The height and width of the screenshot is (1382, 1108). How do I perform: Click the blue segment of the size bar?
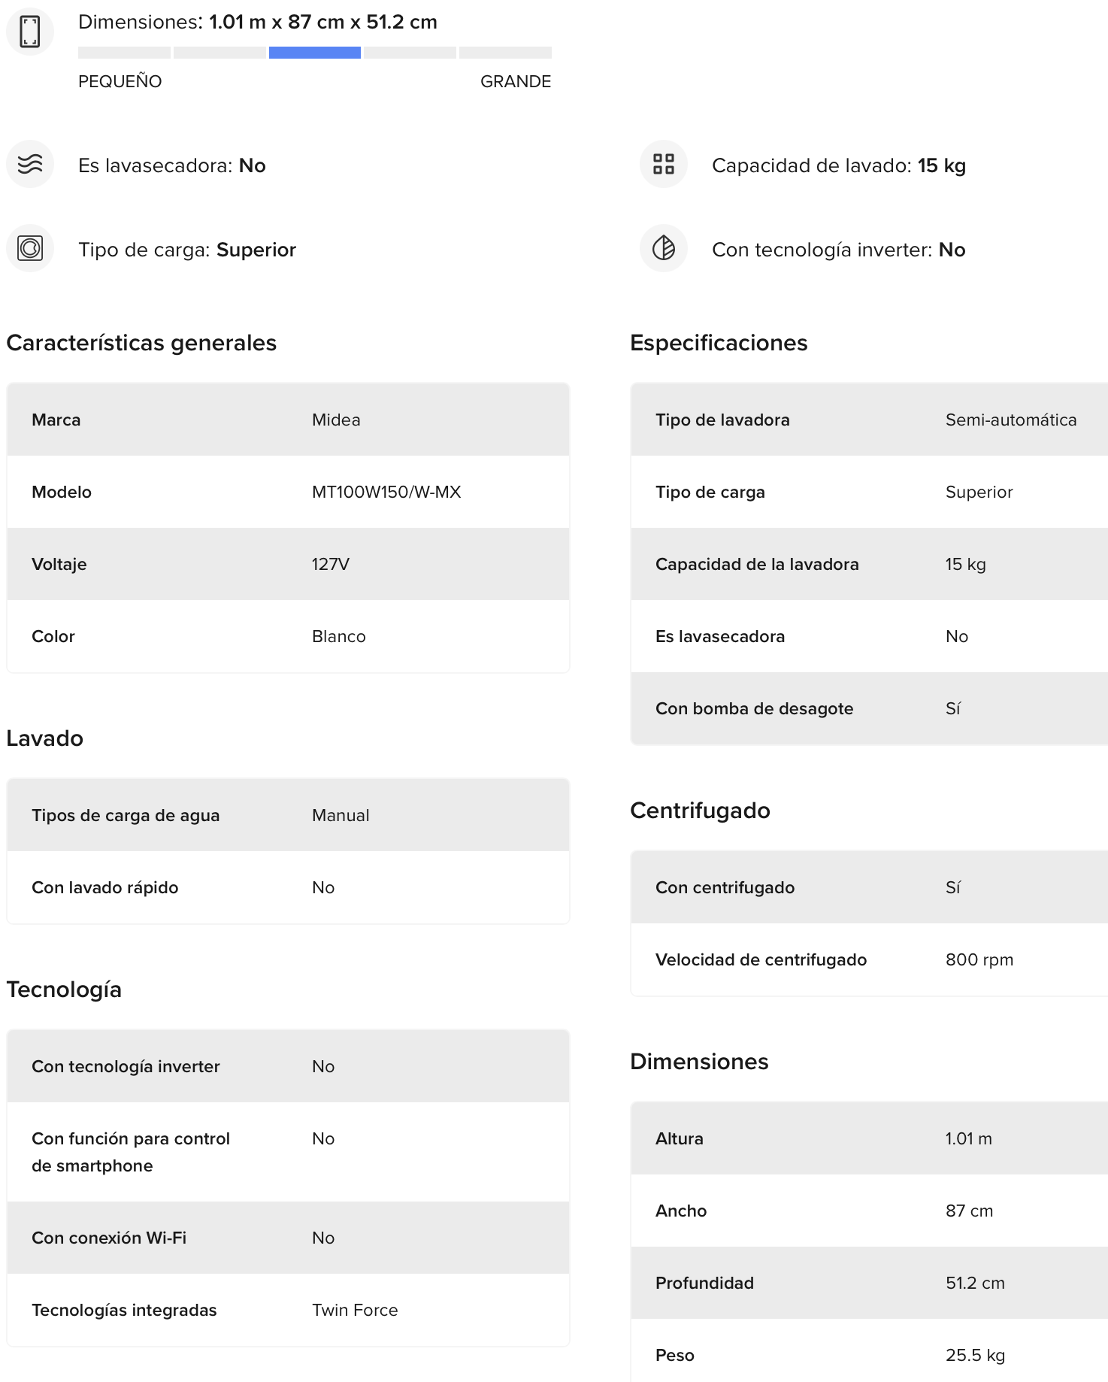pos(314,53)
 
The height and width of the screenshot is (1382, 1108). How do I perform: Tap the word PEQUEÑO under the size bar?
pos(120,81)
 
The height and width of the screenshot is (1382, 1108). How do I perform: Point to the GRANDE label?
pos(515,81)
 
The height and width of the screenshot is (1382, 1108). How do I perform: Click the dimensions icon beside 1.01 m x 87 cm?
pos(30,32)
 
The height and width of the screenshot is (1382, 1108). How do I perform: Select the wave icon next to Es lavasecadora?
pos(30,164)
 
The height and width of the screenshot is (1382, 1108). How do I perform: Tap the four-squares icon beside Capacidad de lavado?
pos(663,164)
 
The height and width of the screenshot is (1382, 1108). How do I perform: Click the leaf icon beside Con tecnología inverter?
pos(663,248)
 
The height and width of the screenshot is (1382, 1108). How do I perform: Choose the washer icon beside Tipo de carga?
pos(30,248)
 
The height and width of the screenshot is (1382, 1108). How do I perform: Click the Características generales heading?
pos(141,343)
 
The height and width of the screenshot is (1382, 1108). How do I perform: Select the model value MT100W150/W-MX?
pos(386,492)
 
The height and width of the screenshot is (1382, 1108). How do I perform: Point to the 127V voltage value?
pos(331,564)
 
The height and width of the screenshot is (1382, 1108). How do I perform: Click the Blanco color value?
pos(338,636)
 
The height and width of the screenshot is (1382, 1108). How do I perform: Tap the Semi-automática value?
pos(1010,420)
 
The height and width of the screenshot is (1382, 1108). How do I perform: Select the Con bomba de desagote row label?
pos(754,708)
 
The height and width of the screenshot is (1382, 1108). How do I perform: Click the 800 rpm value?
pos(979,959)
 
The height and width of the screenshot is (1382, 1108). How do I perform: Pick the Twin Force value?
pos(355,1310)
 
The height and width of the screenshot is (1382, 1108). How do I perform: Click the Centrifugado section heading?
pos(700,811)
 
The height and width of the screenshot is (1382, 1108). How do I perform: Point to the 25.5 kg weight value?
pos(975,1355)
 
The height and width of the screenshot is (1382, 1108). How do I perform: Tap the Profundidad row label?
pos(704,1283)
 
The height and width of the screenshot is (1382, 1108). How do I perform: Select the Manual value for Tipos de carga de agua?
pos(341,815)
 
